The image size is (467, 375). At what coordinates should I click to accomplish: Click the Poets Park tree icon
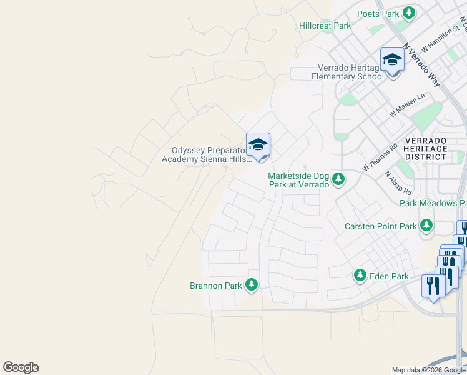[409, 13]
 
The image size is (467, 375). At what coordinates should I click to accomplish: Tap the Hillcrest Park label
[325, 26]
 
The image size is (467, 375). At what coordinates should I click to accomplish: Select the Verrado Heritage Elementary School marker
[392, 61]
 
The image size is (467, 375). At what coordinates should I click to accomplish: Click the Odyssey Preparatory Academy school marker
[258, 146]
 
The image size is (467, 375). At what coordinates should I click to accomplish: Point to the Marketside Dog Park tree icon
[338, 180]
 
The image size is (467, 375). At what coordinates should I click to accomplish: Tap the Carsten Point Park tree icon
[426, 225]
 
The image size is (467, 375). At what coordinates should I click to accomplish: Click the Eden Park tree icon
[360, 275]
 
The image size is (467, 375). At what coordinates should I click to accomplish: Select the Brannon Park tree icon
[252, 285]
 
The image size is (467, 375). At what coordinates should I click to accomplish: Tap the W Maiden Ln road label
[407, 105]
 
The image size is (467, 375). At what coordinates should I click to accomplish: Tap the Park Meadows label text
[433, 203]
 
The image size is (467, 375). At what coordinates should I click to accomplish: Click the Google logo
[21, 367]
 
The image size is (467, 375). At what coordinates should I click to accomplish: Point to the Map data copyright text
[428, 370]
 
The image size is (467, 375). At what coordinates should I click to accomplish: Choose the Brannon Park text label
[215, 286]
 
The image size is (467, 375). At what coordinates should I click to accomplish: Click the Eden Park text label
[389, 276]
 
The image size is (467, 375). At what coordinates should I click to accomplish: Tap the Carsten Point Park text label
[380, 226]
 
